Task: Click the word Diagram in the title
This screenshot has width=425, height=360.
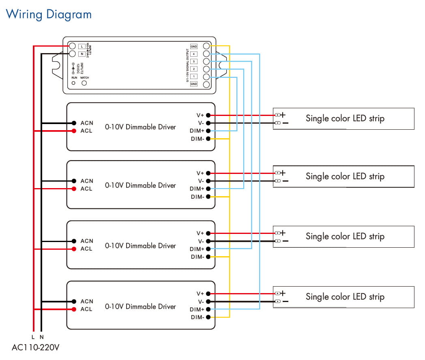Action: [x=68, y=15]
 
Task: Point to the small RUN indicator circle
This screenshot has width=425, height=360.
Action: [x=74, y=83]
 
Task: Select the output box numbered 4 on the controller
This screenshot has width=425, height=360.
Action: [x=194, y=54]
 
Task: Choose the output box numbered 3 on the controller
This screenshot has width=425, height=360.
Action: [x=194, y=61]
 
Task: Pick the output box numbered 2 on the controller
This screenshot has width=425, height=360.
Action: [x=194, y=69]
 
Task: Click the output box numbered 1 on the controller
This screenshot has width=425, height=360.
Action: [x=194, y=77]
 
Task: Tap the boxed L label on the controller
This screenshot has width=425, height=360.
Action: [x=82, y=46]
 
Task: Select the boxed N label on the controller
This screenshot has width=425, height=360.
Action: [x=82, y=54]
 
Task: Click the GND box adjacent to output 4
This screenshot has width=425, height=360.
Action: [x=194, y=47]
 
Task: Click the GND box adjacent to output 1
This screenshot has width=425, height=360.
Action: [x=194, y=84]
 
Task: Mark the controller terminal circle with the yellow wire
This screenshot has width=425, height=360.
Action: [x=206, y=46]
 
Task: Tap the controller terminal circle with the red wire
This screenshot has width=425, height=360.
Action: [x=72, y=46]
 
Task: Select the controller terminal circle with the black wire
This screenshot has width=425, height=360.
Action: [x=72, y=54]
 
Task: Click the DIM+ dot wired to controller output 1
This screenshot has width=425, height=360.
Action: [x=208, y=131]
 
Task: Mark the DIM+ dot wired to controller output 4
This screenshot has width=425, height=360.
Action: [x=208, y=309]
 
